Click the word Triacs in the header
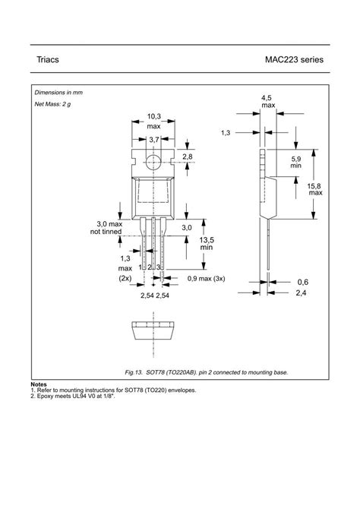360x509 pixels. pyautogui.click(x=48, y=59)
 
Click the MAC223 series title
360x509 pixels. pyautogui.click(x=295, y=59)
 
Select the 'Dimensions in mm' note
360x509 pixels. pyautogui.click(x=58, y=92)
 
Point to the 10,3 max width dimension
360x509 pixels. pyautogui.click(x=153, y=121)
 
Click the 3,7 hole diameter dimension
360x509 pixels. pyautogui.click(x=153, y=140)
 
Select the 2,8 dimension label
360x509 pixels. pyautogui.click(x=187, y=156)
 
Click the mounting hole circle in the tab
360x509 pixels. pyautogui.click(x=154, y=160)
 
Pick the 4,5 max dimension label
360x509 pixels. pyautogui.click(x=267, y=102)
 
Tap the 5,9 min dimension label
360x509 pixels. pyautogui.click(x=295, y=161)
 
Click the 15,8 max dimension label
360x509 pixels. pyautogui.click(x=316, y=189)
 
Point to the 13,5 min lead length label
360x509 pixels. pyautogui.click(x=206, y=244)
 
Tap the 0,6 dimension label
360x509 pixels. pyautogui.click(x=302, y=281)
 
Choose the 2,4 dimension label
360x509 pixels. pyautogui.click(x=302, y=292)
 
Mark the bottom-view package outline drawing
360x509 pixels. pyautogui.click(x=154, y=330)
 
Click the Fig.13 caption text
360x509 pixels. pyautogui.click(x=207, y=372)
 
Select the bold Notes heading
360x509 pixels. pyautogui.click(x=39, y=384)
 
